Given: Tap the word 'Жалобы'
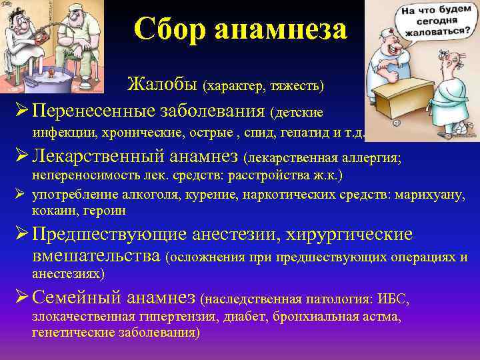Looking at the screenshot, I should (163, 85).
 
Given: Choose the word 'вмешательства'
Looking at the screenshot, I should (96, 257).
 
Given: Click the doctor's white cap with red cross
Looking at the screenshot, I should (394, 33).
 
